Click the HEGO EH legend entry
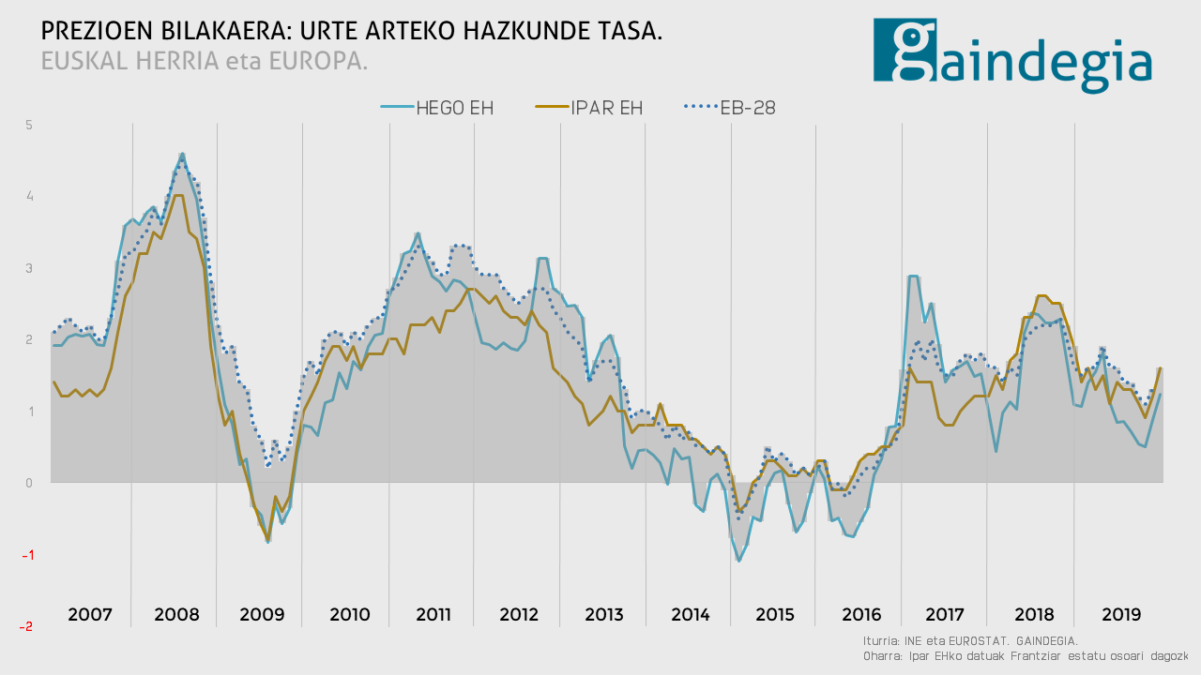(x=436, y=108)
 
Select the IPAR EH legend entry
(x=588, y=108)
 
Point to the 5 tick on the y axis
(x=29, y=125)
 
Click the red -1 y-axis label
(x=27, y=555)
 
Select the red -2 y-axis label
(x=27, y=626)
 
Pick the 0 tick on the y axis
(x=29, y=483)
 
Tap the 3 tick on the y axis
(x=29, y=268)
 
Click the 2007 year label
(x=90, y=615)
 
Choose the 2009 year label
(x=262, y=615)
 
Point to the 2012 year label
(x=519, y=615)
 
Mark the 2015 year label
(x=775, y=615)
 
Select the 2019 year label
(x=1121, y=615)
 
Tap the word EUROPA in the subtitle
(x=316, y=61)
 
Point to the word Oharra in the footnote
(x=882, y=656)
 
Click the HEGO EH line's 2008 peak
(x=182, y=154)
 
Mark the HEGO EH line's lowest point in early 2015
(x=739, y=561)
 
